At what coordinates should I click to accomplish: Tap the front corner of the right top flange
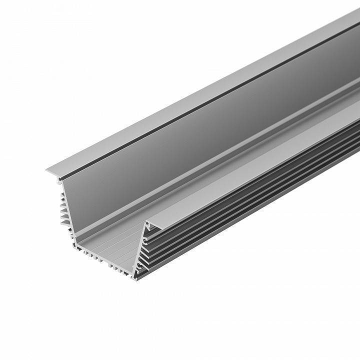(148, 223)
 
